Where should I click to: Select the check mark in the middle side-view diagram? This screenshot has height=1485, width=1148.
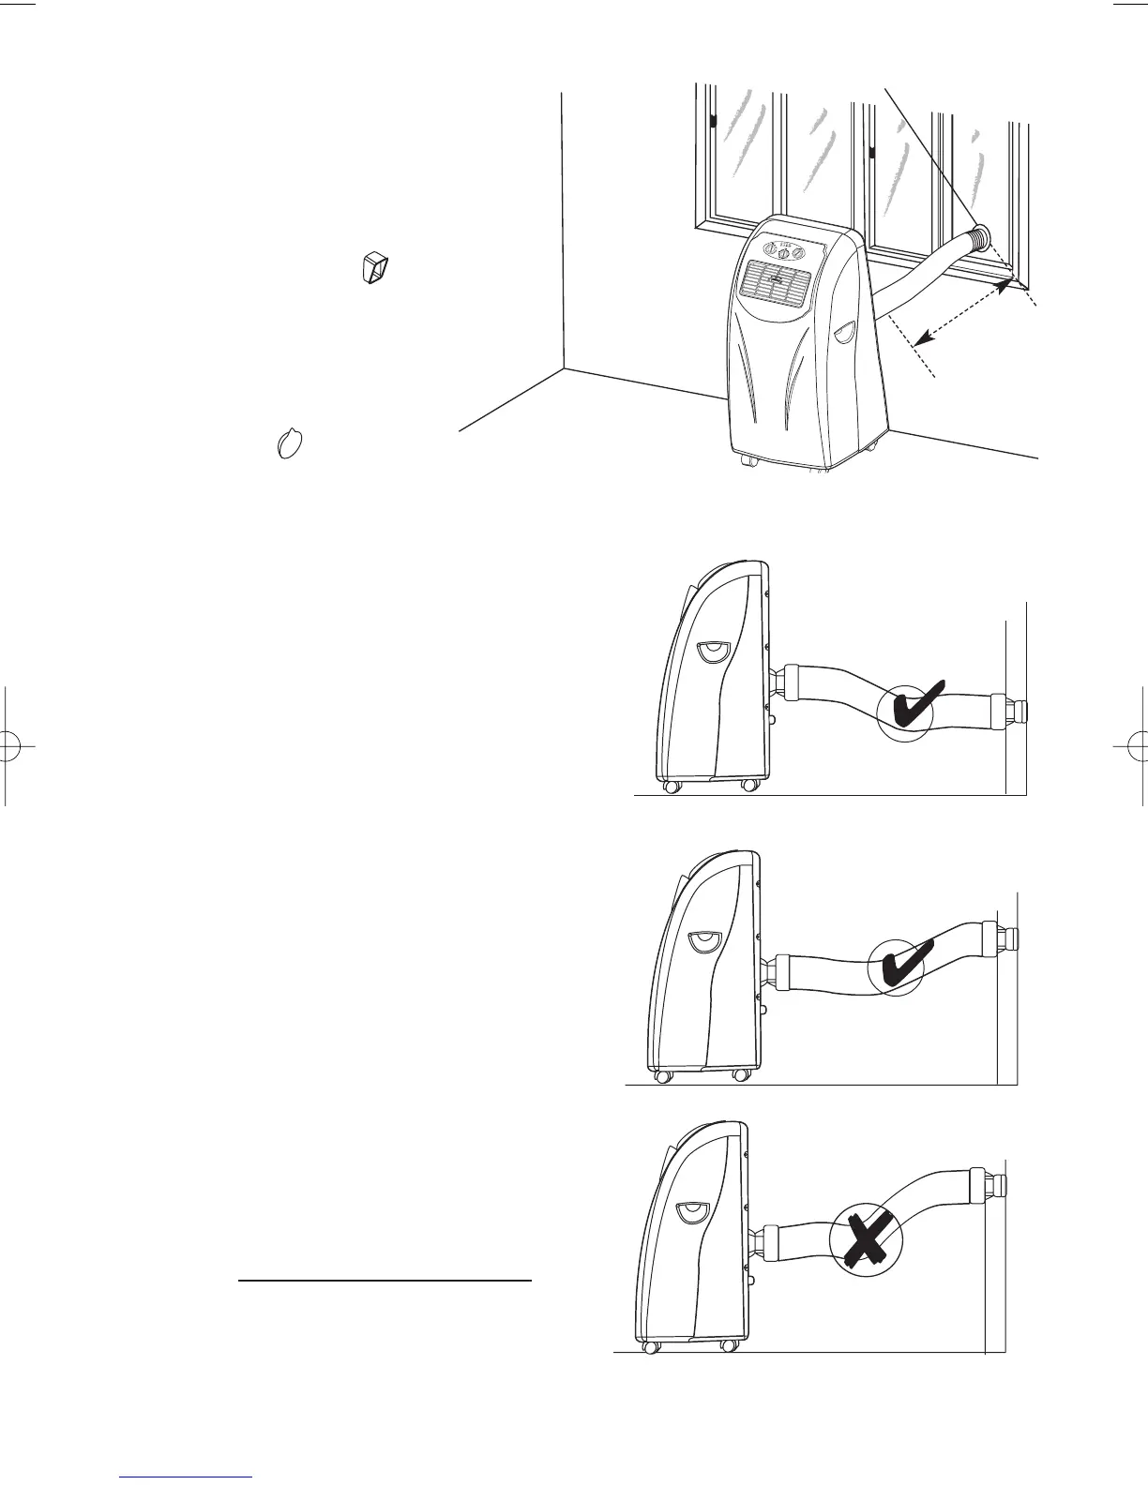coord(903,967)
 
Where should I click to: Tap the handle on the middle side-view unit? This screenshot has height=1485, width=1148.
coord(702,941)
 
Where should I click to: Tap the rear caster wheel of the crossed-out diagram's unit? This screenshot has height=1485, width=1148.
coord(727,1345)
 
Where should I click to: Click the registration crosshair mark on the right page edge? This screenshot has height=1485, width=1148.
coord(1136,746)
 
